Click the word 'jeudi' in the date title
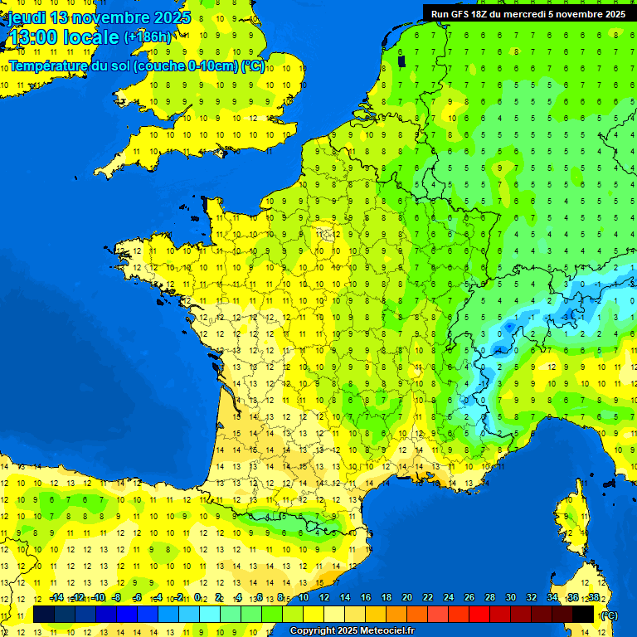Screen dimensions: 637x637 26,17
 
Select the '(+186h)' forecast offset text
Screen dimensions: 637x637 148,37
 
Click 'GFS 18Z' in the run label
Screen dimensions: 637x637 469,14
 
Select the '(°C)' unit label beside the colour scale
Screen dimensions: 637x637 609,615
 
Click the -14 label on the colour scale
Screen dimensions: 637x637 56,598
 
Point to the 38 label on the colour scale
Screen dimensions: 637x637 594,598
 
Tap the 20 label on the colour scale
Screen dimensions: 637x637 407,598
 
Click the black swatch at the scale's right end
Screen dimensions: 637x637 584,615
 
